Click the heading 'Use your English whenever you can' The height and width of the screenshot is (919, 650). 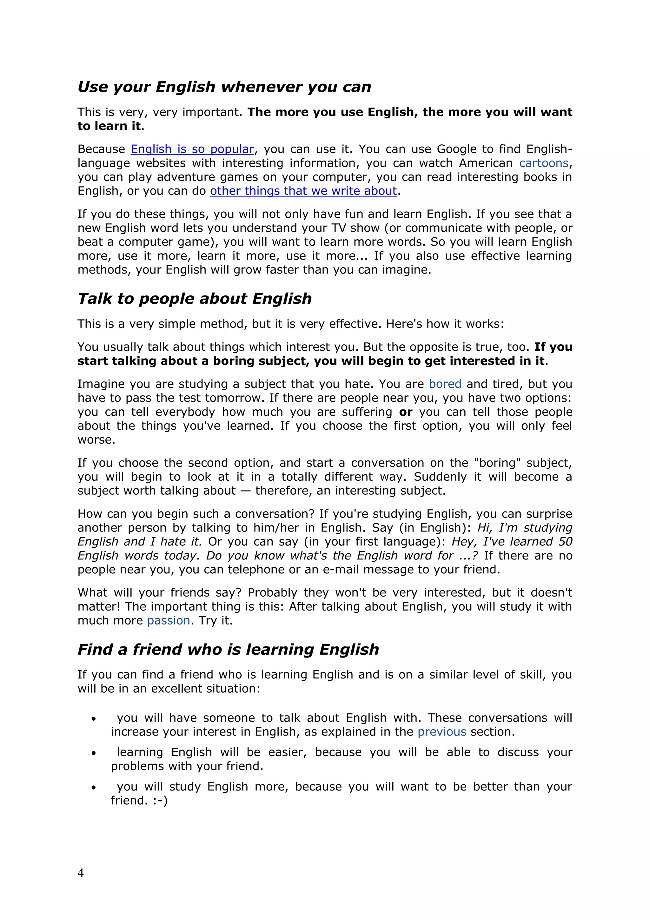tap(224, 87)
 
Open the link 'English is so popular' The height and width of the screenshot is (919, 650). tap(192, 149)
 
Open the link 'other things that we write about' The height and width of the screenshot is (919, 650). tap(303, 191)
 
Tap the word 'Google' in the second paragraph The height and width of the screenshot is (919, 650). tap(457, 149)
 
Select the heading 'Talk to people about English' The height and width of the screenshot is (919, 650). tap(195, 299)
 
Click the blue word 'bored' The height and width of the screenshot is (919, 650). tap(445, 384)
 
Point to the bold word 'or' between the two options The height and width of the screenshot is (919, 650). tap(405, 412)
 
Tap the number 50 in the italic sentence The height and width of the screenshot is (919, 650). tap(565, 542)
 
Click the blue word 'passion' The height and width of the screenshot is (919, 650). tap(169, 620)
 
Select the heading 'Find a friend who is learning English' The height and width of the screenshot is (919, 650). tap(228, 649)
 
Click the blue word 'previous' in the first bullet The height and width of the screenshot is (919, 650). tap(441, 732)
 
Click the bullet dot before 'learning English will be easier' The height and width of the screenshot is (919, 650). tap(94, 753)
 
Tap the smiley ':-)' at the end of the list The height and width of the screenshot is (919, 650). tap(160, 801)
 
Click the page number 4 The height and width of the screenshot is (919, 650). tap(80, 873)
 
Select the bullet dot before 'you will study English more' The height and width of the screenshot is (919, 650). tap(94, 788)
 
